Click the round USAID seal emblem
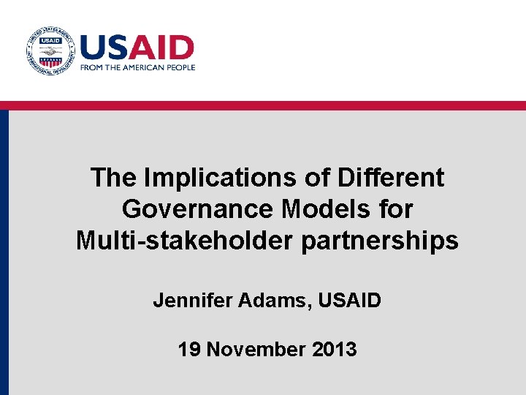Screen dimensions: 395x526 [50, 52]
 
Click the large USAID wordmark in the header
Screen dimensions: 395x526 [137, 48]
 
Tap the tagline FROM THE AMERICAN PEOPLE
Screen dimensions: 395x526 [137, 67]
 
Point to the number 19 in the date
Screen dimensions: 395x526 [189, 349]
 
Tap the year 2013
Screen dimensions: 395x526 [335, 349]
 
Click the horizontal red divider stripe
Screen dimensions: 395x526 [263, 105]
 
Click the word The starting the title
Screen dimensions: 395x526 [114, 178]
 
